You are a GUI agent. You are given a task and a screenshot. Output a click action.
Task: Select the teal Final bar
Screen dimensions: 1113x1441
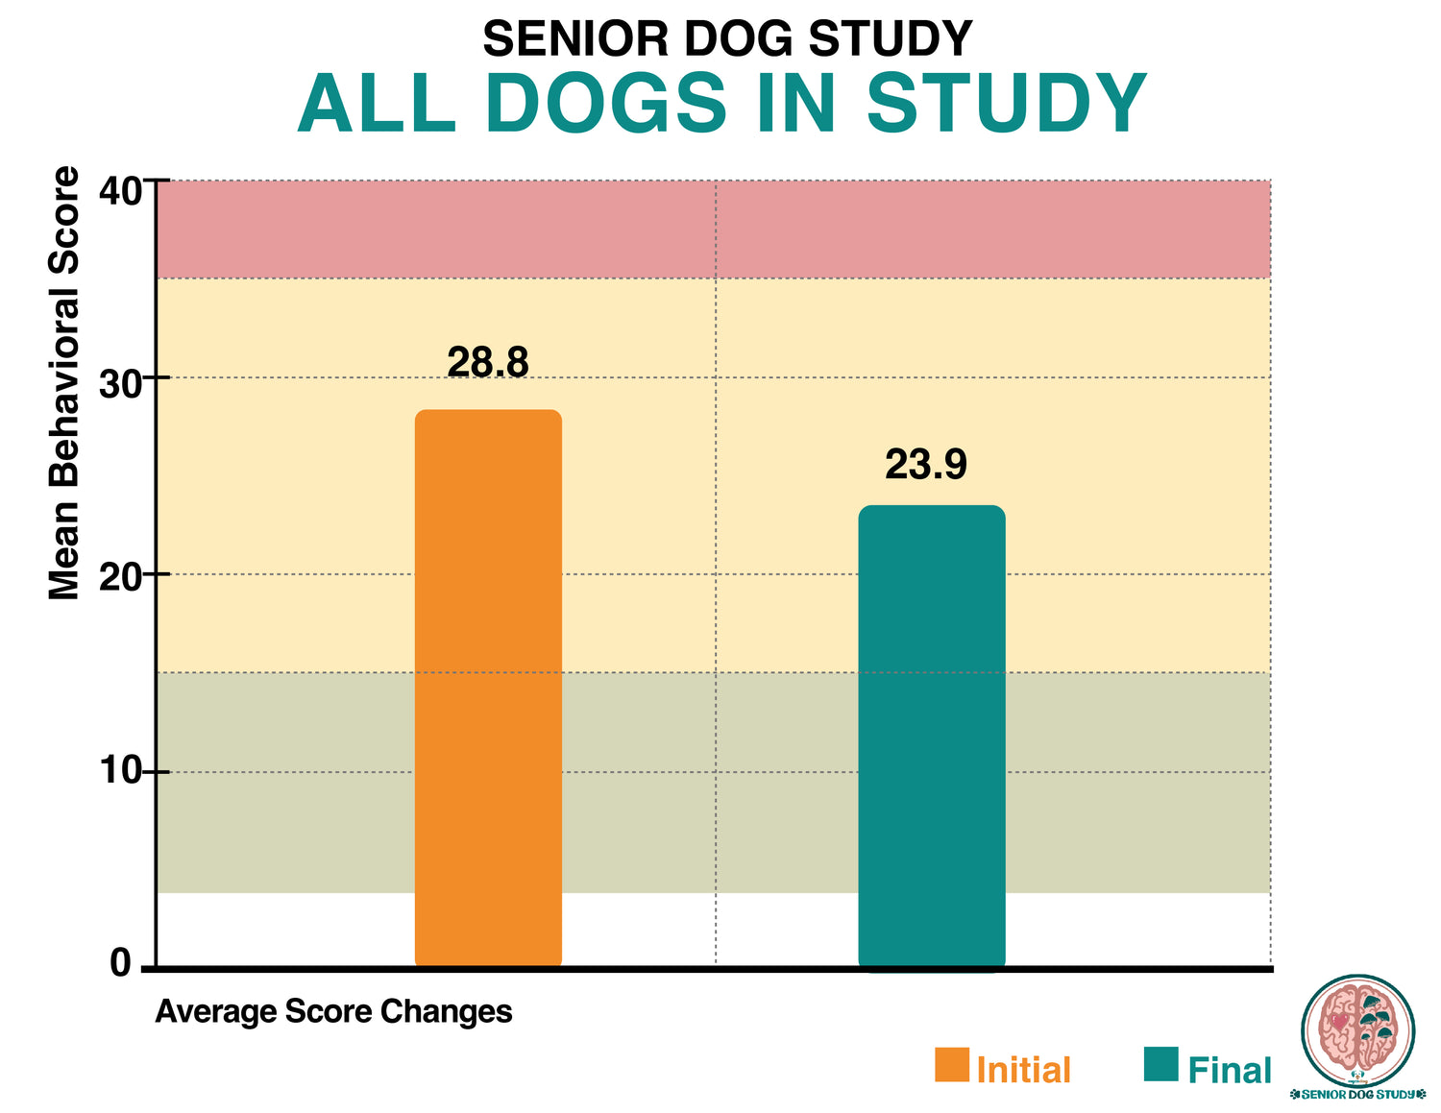click(931, 736)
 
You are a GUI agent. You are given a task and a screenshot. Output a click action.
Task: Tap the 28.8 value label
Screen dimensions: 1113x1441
click(488, 363)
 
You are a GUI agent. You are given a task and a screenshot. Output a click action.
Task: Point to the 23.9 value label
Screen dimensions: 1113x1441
click(926, 465)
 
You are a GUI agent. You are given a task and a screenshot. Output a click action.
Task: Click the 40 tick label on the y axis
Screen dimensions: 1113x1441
click(120, 190)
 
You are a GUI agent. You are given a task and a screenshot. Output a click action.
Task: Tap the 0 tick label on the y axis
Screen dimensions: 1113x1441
click(120, 962)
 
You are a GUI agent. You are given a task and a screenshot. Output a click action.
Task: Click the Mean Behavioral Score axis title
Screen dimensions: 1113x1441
click(64, 383)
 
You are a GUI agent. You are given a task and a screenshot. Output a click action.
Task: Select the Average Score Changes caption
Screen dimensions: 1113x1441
click(333, 1011)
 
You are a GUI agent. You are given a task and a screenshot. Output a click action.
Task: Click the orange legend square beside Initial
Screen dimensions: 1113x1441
click(952, 1064)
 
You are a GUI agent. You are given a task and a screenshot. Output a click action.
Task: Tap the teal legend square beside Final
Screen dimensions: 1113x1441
click(1160, 1064)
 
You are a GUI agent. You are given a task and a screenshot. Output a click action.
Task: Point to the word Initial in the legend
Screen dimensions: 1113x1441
click(1023, 1070)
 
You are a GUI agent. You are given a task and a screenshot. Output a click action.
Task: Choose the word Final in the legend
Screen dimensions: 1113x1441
click(1230, 1070)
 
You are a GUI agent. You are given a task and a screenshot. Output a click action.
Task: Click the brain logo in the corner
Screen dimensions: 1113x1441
click(1357, 1032)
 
